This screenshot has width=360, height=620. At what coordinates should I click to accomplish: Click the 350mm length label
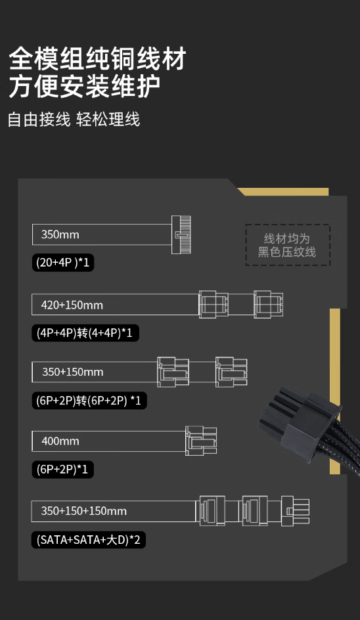[x=60, y=234]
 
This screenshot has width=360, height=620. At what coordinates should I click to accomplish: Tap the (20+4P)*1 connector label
[x=63, y=262]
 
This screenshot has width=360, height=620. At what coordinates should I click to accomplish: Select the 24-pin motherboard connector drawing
[x=181, y=234]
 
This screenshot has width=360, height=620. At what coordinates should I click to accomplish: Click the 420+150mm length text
[x=72, y=305]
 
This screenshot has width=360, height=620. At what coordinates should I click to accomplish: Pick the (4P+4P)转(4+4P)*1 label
[x=85, y=332]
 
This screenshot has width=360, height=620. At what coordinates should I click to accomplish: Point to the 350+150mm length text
[x=72, y=372]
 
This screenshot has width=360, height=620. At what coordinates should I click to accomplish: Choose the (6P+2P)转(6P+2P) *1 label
[x=89, y=401]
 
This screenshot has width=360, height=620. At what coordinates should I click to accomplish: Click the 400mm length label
[x=60, y=441]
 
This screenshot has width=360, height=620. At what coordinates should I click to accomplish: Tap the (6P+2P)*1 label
[x=62, y=470]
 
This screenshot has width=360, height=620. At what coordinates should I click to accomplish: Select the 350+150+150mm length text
[x=84, y=510]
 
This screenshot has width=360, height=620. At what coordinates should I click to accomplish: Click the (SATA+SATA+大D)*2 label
[x=89, y=540]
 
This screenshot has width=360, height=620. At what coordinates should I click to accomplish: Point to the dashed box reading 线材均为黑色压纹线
[x=288, y=245]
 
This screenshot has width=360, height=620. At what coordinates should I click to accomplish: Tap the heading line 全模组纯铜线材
[x=97, y=59]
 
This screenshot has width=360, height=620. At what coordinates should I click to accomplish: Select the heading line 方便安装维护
[x=85, y=86]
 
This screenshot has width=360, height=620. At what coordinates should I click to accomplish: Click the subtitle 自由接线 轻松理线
[x=74, y=120]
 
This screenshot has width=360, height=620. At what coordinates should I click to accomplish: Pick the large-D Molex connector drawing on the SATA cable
[x=296, y=510]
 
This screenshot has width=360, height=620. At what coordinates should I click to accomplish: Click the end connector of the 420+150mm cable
[x=268, y=305]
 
